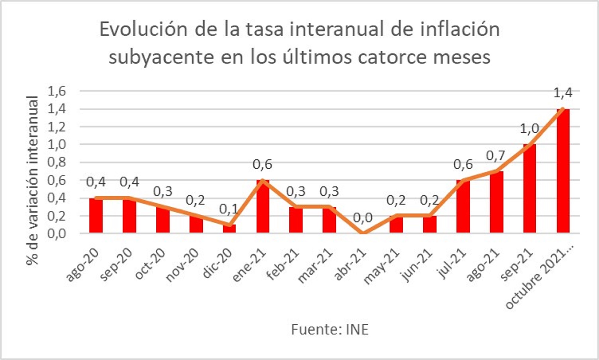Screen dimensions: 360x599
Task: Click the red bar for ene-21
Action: click(x=263, y=206)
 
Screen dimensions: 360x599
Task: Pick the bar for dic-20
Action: click(x=229, y=229)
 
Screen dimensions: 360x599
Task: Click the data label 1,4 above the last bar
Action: click(x=563, y=93)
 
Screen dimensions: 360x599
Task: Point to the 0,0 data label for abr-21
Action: click(x=363, y=218)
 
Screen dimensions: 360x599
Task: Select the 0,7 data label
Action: click(x=496, y=156)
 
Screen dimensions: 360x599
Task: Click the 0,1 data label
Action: click(x=229, y=209)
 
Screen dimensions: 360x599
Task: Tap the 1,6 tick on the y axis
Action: click(x=57, y=91)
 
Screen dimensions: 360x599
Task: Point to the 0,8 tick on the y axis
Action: click(x=57, y=162)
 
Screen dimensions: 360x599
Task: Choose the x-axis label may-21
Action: click(x=381, y=267)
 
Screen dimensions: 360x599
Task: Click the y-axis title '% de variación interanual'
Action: click(x=32, y=181)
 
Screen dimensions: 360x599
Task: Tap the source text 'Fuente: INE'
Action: click(x=329, y=329)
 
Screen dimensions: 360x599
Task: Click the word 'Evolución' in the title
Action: click(x=143, y=30)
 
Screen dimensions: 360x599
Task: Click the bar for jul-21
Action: click(x=463, y=206)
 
